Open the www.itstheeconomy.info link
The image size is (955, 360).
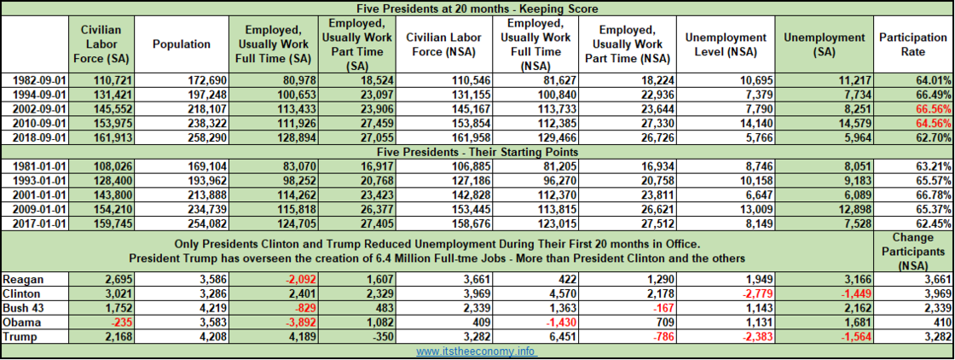click(x=478, y=351)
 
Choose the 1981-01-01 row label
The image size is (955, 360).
click(x=35, y=167)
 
